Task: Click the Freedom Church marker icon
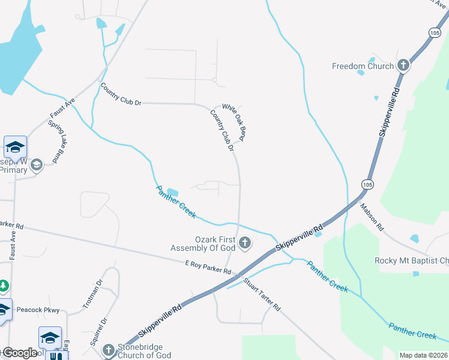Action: click(x=403, y=65)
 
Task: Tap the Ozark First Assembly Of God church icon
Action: click(x=244, y=243)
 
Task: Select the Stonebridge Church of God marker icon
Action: click(x=108, y=349)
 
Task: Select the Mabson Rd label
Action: click(x=372, y=217)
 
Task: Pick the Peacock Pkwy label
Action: click(x=38, y=310)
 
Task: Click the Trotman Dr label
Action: click(x=93, y=294)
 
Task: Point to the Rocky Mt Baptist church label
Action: click(x=411, y=260)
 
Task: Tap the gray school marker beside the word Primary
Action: click(x=37, y=165)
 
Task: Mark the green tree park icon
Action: click(x=3, y=286)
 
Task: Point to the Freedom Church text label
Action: click(x=363, y=66)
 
